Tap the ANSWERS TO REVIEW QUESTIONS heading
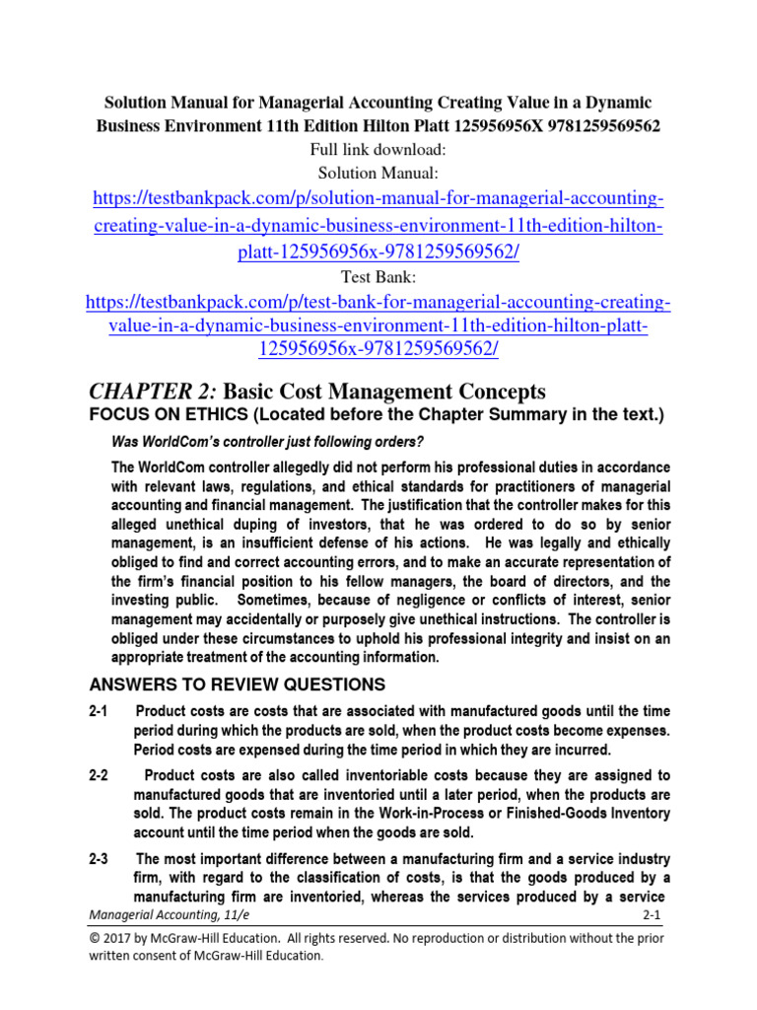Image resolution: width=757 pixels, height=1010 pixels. click(238, 685)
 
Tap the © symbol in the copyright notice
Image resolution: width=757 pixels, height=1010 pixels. click(96, 938)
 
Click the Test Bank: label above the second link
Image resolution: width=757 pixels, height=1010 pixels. click(378, 278)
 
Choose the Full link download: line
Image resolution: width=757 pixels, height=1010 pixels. click(378, 150)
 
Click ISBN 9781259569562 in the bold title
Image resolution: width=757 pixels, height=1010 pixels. click(598, 126)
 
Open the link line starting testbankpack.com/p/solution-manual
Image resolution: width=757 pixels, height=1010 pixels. click(378, 200)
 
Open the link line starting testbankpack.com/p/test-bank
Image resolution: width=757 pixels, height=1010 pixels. click(378, 302)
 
